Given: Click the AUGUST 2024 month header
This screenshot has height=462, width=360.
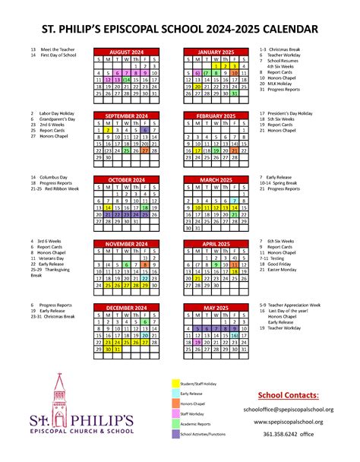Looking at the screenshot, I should tap(126, 52).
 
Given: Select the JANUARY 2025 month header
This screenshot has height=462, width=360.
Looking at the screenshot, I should tap(216, 52).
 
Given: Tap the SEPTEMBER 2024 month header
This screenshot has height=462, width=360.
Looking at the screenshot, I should tap(126, 116).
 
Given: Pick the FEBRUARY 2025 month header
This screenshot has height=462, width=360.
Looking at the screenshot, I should tap(216, 116).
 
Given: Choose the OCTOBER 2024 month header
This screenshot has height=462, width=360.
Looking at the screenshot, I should tap(126, 180).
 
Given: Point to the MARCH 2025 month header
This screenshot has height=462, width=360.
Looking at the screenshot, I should tap(216, 180).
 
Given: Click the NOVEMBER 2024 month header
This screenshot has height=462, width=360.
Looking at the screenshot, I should tap(126, 244).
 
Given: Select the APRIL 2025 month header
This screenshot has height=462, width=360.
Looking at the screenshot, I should tap(216, 244).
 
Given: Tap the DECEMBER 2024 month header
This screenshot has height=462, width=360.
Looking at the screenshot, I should tap(126, 309).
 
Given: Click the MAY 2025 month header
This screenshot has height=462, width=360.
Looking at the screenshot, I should tap(216, 309).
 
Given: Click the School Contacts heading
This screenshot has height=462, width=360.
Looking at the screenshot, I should tap(288, 396).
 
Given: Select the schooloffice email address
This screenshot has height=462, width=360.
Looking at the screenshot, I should tap(289, 408).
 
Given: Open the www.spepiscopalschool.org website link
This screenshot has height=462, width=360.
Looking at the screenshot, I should tap(289, 421).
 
